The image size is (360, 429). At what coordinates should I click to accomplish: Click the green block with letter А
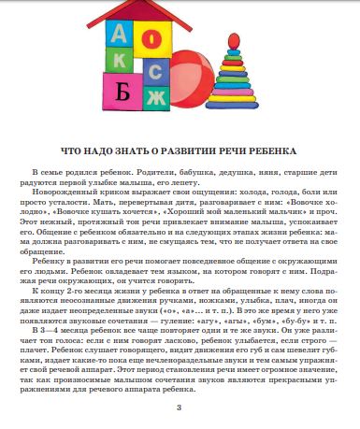pyautogui.click(x=118, y=35)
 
